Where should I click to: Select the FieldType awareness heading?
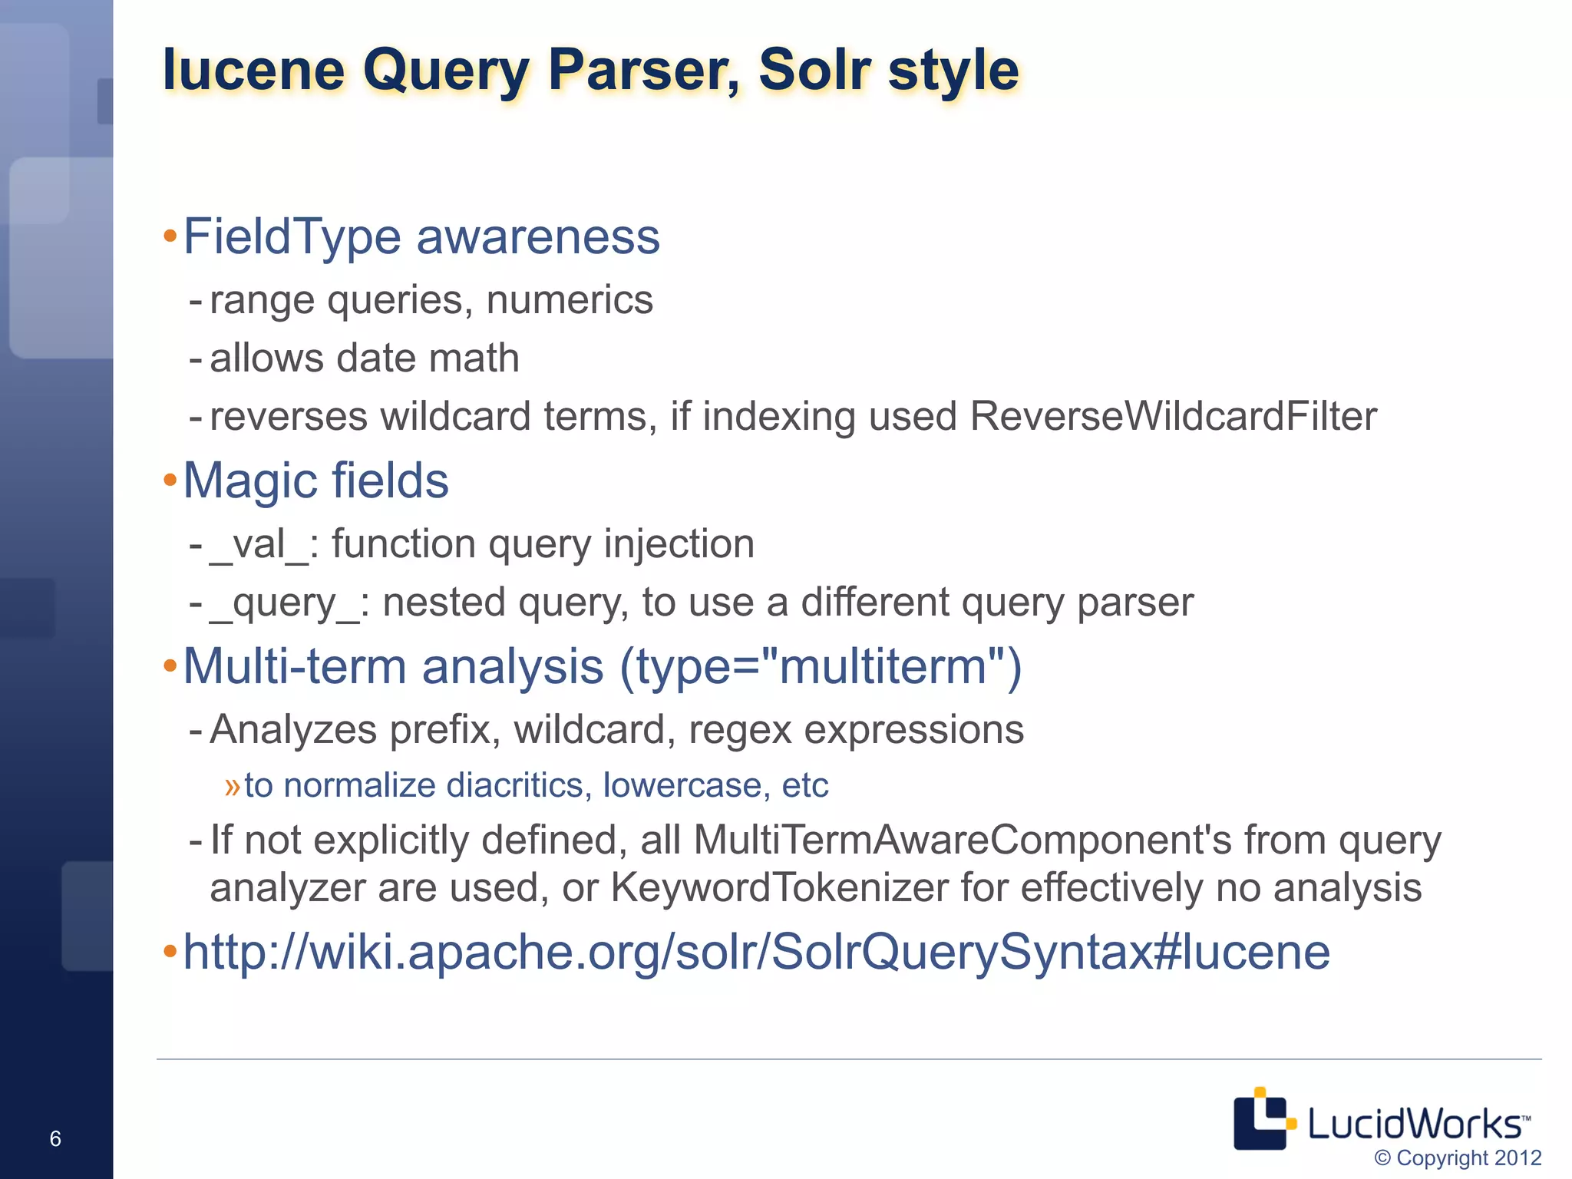pos(421,236)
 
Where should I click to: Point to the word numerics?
pos(569,299)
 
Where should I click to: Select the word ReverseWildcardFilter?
pos(1173,416)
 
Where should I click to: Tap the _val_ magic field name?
pos(259,544)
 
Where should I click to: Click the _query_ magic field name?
pos(283,603)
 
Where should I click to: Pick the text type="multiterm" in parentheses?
pos(820,666)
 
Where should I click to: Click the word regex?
pos(740,729)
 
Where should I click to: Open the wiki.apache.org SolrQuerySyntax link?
pos(756,952)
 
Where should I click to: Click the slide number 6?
pos(55,1138)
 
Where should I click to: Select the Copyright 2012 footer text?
pos(1457,1158)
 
